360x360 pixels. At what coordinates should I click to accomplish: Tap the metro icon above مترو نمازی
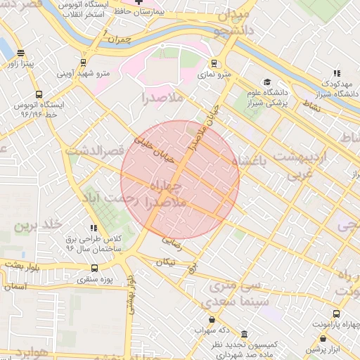point(214,61)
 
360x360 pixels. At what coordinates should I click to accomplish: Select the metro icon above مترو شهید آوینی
point(84,61)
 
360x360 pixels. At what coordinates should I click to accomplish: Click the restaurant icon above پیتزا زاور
point(20,52)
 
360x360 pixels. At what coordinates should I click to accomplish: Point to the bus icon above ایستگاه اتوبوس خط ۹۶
point(39,93)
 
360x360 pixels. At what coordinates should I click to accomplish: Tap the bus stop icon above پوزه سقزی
point(95,268)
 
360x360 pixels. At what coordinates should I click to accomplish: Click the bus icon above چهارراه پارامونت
point(336,314)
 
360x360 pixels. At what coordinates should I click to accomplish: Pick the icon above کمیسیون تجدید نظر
point(244,335)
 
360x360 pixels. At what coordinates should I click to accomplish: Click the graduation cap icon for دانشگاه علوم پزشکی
point(266,82)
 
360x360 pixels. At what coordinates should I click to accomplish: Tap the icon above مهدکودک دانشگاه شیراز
point(337,72)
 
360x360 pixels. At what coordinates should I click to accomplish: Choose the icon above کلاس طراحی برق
point(93,227)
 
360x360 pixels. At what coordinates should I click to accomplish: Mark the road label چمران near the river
point(121,41)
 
